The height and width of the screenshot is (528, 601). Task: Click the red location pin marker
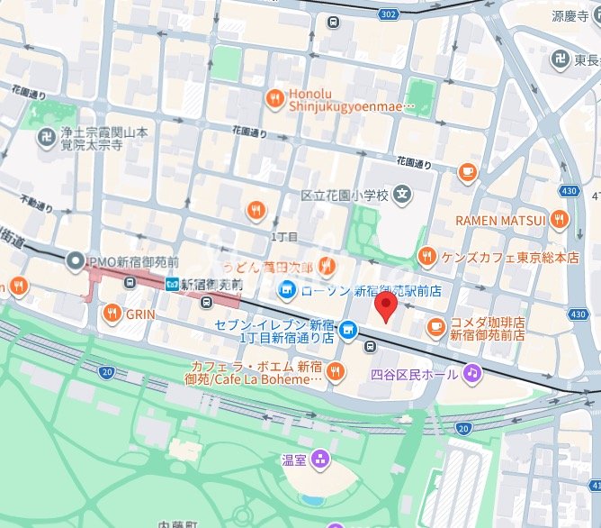pos(385,305)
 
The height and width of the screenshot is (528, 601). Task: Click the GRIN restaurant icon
pos(112,314)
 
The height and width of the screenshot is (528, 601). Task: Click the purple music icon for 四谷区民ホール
pos(471,372)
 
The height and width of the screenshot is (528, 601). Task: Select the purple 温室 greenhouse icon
pos(321,460)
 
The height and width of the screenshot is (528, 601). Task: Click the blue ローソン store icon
pos(286,289)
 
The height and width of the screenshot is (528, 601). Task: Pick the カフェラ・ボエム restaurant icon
pos(335,371)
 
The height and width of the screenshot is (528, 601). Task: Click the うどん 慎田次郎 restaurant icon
pos(328,266)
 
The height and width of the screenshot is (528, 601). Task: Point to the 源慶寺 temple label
pos(570,16)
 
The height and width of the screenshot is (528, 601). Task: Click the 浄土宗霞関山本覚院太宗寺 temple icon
pos(43,137)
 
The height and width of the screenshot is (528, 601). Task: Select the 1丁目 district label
pos(283,236)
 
